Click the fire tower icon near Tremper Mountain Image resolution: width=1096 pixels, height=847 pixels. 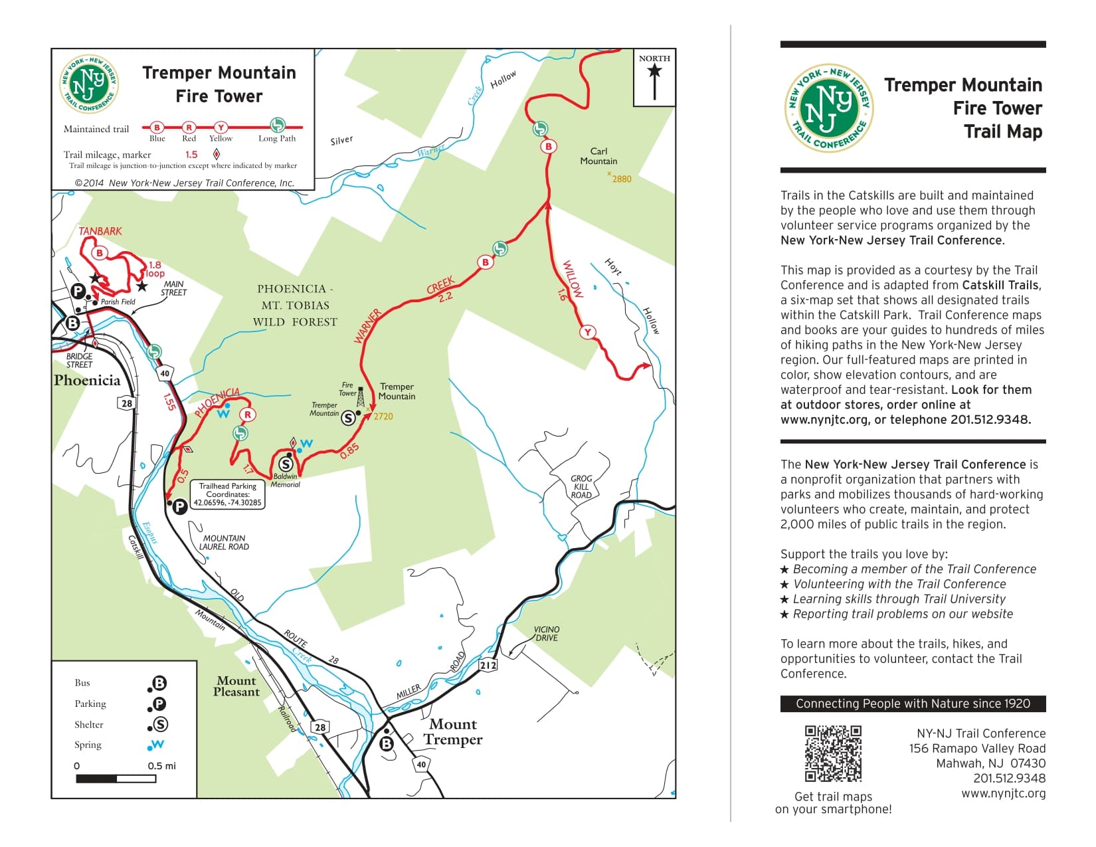coord(361,397)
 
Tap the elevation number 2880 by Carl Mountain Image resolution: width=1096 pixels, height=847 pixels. coord(621,179)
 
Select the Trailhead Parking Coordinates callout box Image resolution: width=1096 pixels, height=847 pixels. coord(227,495)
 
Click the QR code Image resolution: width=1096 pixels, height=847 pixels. coord(833,753)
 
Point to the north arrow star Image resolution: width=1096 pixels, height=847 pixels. coord(654,71)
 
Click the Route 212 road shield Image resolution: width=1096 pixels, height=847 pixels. coord(488,665)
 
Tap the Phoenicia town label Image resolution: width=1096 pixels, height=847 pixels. coord(87,381)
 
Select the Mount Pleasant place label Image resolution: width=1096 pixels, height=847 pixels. coord(236,686)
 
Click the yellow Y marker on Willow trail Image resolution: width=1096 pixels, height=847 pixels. coord(587,332)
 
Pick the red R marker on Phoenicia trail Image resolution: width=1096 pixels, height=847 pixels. coord(247,415)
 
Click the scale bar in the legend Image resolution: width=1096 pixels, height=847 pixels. coord(116,779)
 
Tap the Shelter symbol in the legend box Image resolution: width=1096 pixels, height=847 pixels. coord(160,725)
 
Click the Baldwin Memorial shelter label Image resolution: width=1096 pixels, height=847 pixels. coord(286,480)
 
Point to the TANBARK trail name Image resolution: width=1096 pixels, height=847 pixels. coord(100,231)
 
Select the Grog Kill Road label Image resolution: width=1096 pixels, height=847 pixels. coord(581,486)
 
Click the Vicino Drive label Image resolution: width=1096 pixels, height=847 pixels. coord(547,633)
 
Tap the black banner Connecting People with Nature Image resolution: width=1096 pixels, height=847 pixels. coord(913,704)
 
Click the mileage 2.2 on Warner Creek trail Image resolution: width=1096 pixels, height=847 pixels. coord(446,297)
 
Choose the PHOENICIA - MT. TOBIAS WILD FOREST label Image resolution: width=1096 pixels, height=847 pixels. coord(295,306)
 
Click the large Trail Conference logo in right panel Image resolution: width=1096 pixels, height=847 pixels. coord(828,108)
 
